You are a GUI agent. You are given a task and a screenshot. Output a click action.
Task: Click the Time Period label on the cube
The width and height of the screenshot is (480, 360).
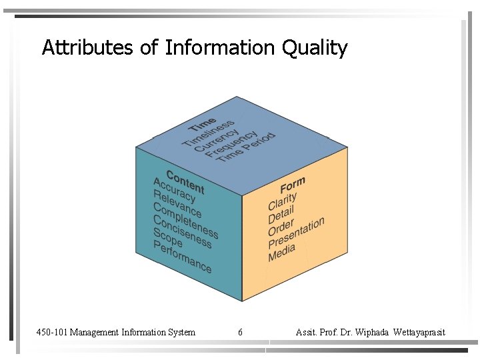pyautogui.click(x=246, y=146)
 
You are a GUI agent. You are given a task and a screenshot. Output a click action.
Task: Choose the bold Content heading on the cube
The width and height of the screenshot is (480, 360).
pyautogui.click(x=185, y=181)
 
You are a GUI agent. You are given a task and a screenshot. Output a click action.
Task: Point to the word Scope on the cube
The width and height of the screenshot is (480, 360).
pyautogui.click(x=167, y=238)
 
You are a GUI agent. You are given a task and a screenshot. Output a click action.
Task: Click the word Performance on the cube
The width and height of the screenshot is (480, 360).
pyautogui.click(x=182, y=257)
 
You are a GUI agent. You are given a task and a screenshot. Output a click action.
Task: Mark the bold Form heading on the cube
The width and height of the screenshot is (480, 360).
pyautogui.click(x=293, y=185)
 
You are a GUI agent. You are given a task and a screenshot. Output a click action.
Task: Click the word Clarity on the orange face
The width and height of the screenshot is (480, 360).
pyautogui.click(x=283, y=201)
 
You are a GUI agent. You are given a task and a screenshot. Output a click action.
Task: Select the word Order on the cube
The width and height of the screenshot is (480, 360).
pyautogui.click(x=281, y=227)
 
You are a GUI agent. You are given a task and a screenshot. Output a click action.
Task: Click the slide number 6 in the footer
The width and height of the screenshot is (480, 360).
pyautogui.click(x=240, y=332)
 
